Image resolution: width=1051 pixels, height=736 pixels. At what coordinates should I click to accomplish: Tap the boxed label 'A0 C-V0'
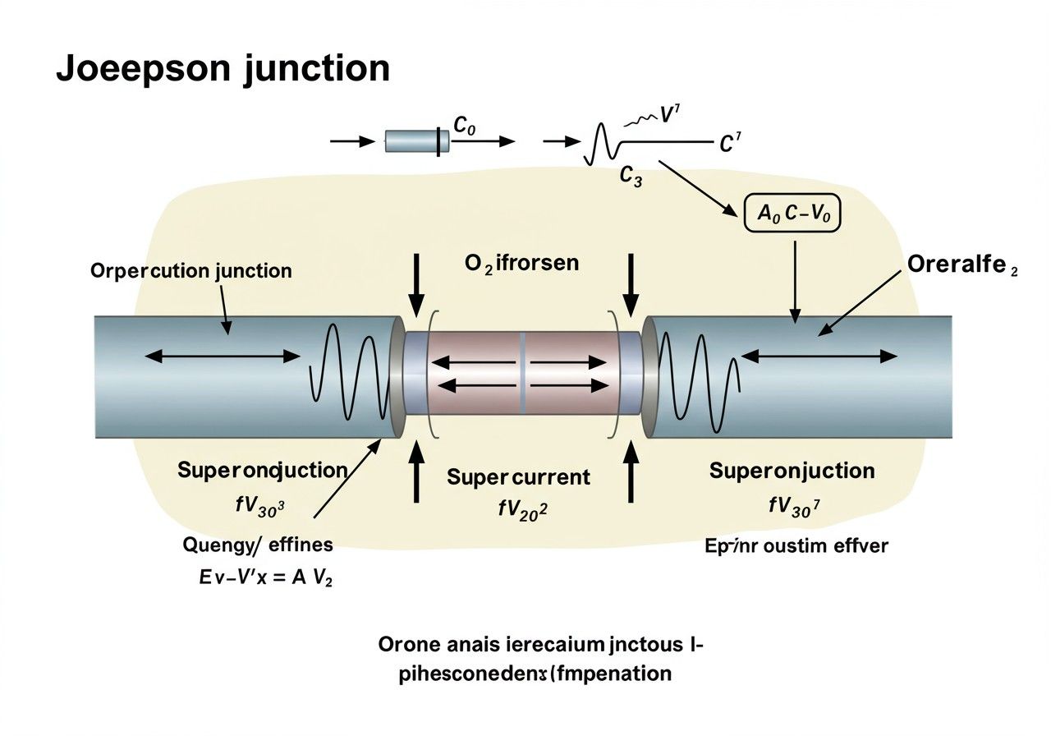[792, 214]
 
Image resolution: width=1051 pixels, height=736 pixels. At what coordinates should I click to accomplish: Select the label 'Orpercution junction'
[191, 270]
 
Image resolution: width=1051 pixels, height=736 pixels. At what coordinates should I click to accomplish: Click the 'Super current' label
[518, 477]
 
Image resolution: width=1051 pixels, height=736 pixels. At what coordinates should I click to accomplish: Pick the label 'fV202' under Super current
[522, 509]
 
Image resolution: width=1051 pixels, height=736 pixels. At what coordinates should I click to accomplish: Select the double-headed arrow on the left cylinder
[223, 356]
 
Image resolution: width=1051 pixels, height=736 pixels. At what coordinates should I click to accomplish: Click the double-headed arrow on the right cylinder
[819, 356]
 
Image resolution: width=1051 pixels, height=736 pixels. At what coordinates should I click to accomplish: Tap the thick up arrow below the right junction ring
[631, 471]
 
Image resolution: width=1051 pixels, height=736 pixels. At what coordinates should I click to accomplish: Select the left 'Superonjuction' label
[262, 471]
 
